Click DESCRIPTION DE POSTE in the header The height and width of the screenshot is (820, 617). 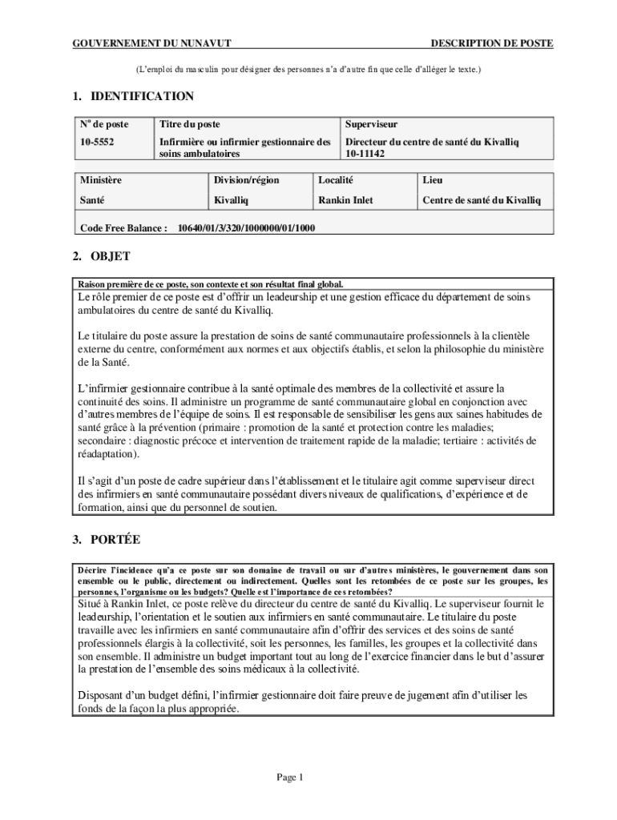point(491,43)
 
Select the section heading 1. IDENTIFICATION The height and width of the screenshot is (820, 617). point(132,97)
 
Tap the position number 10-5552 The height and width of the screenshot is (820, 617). point(95,142)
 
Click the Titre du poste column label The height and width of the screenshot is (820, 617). point(190,125)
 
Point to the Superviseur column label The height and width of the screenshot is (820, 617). point(371,125)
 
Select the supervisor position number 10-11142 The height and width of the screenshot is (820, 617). point(365,153)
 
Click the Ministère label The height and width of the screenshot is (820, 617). point(101,181)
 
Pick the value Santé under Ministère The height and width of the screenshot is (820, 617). point(92,199)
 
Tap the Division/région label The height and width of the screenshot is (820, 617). point(246,181)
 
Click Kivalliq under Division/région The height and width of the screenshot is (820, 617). point(232,199)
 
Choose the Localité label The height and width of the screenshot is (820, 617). point(336,181)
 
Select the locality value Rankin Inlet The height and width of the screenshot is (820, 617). point(345,199)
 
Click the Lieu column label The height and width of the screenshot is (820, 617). point(433,181)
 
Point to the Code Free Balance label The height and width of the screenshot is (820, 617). point(123,228)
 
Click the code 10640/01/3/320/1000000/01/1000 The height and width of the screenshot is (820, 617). point(246,228)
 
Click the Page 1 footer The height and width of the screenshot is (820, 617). point(289,777)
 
